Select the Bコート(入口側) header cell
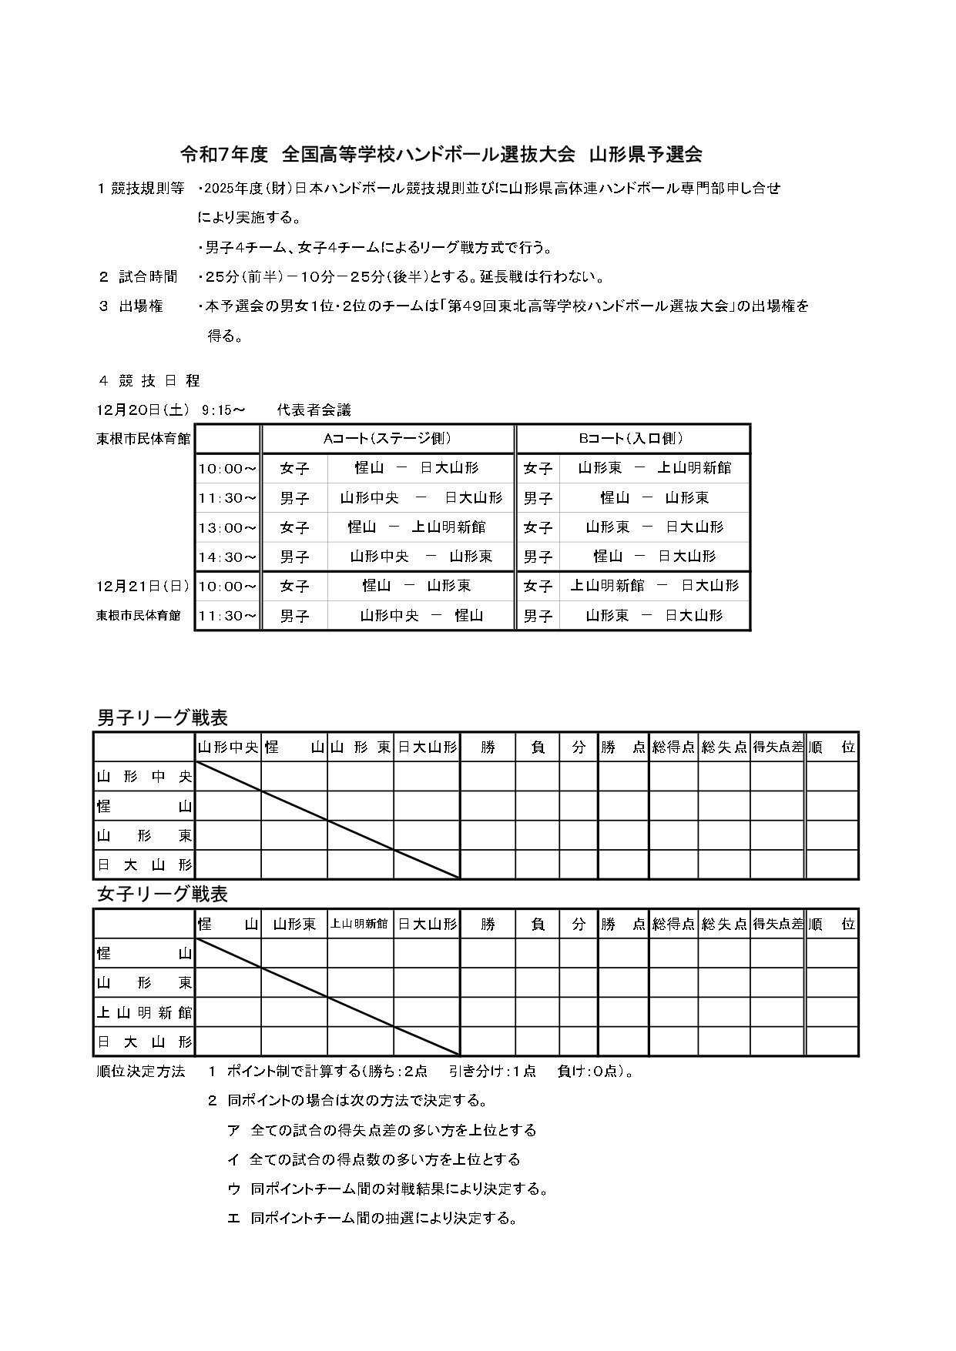coord(631,439)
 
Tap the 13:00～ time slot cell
coord(227,527)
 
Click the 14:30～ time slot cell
coord(227,557)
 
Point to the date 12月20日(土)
coord(143,410)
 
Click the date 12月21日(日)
coord(143,586)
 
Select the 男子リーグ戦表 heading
coord(163,717)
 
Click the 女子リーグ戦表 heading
coord(163,895)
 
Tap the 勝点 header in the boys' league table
coord(622,747)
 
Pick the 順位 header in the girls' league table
coord(832,924)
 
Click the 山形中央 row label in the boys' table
coord(144,777)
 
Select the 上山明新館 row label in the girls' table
coord(144,1012)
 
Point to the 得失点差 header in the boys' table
coord(777,747)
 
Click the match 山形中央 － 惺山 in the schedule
coord(421,616)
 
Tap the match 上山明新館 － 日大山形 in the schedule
coord(653,586)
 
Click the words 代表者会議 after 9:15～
coord(314,410)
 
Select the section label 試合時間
coord(148,276)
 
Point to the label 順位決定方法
coord(141,1072)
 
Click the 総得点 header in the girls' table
coord(673,924)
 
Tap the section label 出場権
coord(141,306)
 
